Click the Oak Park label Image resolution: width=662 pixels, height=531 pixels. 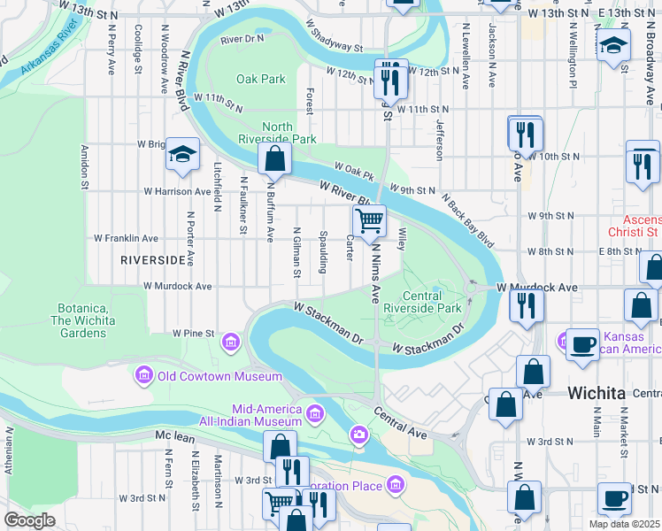(x=260, y=79)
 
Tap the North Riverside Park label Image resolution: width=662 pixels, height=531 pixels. (x=289, y=133)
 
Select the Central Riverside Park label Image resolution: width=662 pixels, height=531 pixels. (x=432, y=302)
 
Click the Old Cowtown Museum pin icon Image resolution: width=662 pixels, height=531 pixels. (x=143, y=376)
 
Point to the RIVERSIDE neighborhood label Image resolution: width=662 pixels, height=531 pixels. (x=157, y=260)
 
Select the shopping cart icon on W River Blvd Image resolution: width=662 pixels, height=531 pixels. (x=369, y=219)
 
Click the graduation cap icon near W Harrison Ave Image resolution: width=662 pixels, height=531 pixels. (x=181, y=156)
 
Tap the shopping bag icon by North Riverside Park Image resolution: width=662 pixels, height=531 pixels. (x=275, y=159)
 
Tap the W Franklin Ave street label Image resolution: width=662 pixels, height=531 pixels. (x=126, y=238)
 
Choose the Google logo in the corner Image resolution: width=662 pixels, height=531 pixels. (x=29, y=520)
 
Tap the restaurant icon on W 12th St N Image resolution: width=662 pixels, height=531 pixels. (x=389, y=80)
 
